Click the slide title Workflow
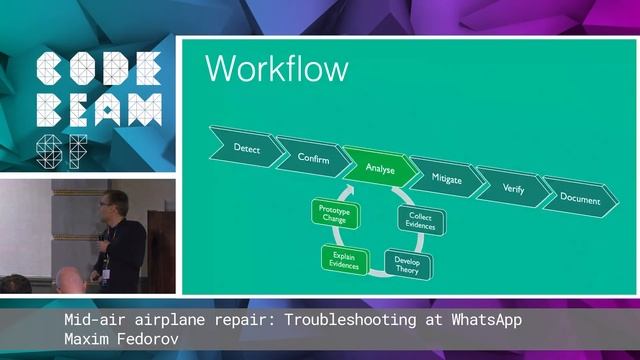(x=276, y=69)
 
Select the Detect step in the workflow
(x=246, y=148)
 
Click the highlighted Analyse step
(x=379, y=169)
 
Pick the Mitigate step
(x=446, y=177)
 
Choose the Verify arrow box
(x=512, y=188)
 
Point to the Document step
(x=580, y=198)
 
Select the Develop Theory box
(x=406, y=263)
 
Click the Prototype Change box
(x=333, y=215)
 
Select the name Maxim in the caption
(x=84, y=338)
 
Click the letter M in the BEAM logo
(x=146, y=108)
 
